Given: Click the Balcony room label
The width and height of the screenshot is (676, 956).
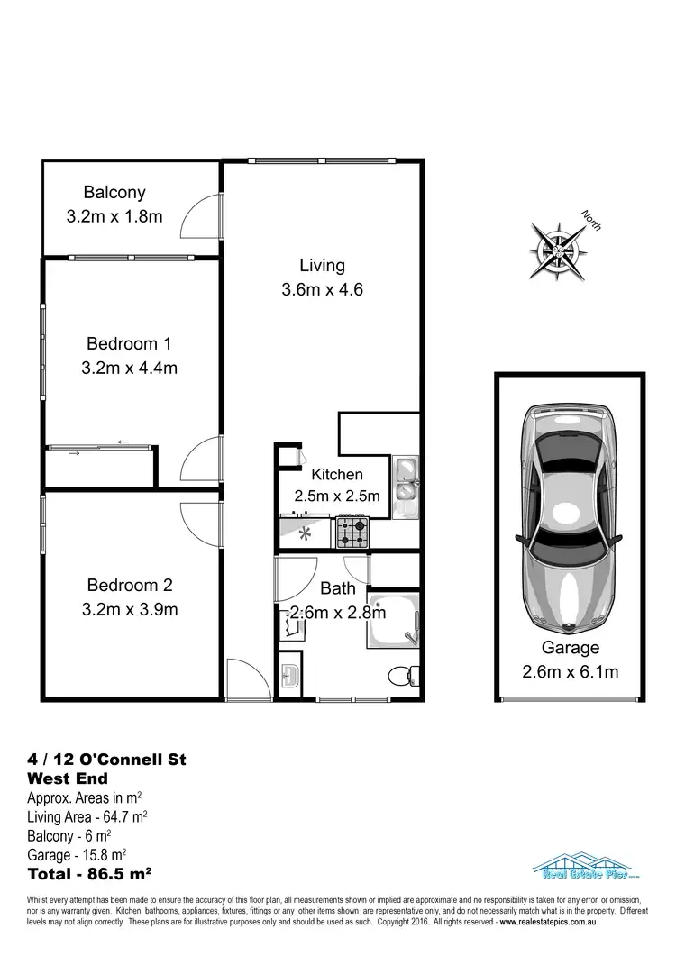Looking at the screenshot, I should (x=114, y=192).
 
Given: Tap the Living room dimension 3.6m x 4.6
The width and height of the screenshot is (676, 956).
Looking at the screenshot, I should (x=322, y=290).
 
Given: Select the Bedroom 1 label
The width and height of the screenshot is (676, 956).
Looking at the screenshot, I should (x=129, y=343).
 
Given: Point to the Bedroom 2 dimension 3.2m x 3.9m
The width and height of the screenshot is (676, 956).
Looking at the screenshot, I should (x=129, y=609).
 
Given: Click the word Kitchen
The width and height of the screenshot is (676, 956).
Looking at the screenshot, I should (x=337, y=475).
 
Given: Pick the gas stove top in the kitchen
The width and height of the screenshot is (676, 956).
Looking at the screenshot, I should (x=352, y=532).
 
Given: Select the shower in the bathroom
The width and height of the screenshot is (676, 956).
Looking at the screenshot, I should (x=393, y=621).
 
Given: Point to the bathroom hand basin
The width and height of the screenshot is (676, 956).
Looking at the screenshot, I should (x=290, y=674).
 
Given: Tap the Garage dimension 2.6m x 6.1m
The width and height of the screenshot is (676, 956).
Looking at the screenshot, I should (x=571, y=671).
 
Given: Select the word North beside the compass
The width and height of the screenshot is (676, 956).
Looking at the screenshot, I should (x=591, y=221).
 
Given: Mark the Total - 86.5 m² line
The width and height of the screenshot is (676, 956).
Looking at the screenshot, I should (x=90, y=873).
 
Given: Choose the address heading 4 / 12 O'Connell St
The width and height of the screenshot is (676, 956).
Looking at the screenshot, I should (x=107, y=760).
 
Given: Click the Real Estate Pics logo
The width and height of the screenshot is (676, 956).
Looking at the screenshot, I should (x=579, y=867).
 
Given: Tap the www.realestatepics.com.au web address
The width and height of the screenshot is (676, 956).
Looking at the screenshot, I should (x=557, y=924).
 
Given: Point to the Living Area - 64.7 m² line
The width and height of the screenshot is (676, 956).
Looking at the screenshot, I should (x=88, y=816).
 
